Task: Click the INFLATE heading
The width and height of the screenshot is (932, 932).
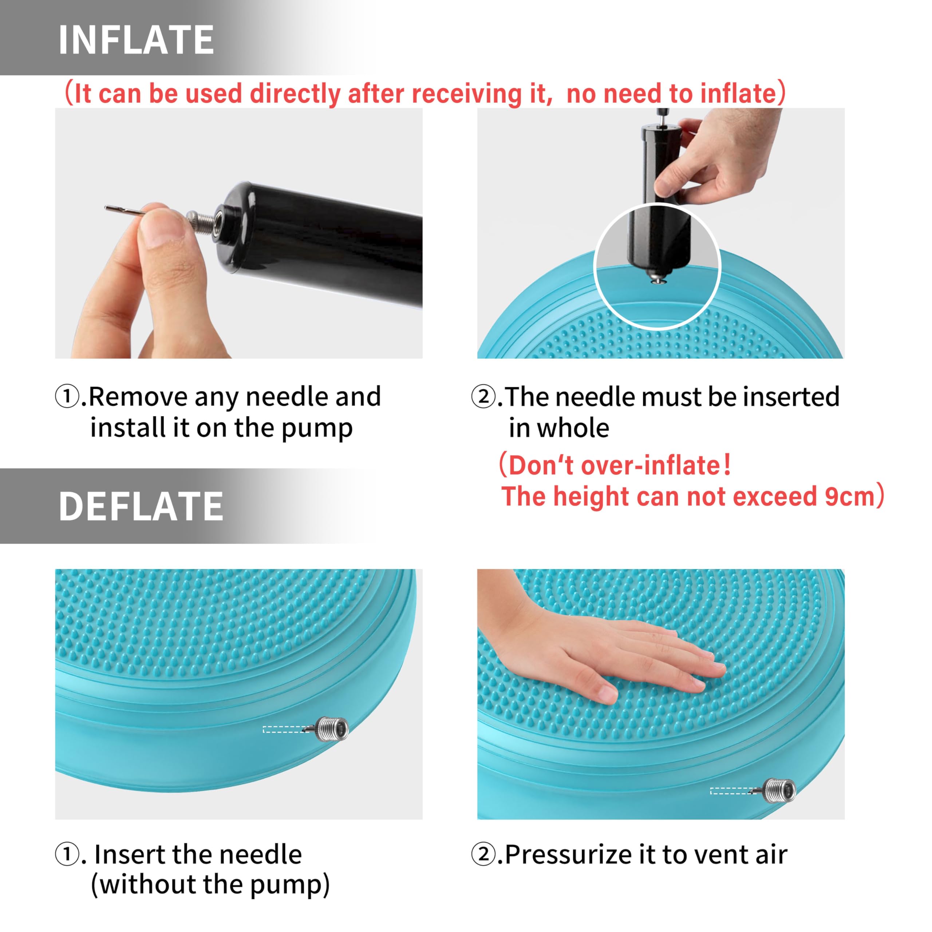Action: click(x=136, y=40)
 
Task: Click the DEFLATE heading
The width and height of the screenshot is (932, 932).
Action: click(x=141, y=506)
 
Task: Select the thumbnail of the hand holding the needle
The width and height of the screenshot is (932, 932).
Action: click(x=239, y=233)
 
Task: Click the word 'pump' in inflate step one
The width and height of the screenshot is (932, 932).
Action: click(x=317, y=429)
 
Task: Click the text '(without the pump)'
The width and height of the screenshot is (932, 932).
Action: click(x=210, y=885)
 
